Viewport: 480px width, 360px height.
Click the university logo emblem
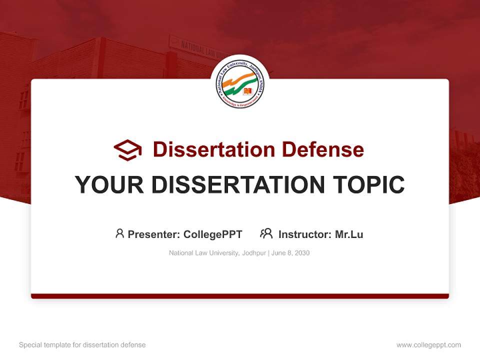[x=240, y=84]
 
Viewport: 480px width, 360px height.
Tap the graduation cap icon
[x=127, y=150]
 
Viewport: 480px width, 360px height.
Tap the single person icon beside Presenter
[x=119, y=233]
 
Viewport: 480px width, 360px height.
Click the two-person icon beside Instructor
[x=266, y=233]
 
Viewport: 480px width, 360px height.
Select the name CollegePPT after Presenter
[x=212, y=234]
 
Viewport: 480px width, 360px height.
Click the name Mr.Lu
[x=349, y=234]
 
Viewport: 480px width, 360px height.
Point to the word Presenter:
[x=154, y=234]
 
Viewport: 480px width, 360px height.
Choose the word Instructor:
[x=305, y=234]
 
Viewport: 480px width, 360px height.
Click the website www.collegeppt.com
[x=428, y=345]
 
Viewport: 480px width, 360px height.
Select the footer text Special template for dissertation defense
[x=82, y=345]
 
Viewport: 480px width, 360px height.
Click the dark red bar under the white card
[x=240, y=296]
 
